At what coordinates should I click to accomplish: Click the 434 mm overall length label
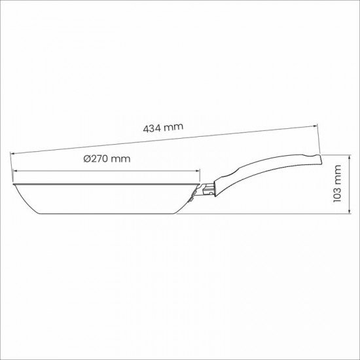click(x=163, y=128)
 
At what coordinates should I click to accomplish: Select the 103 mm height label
click(x=338, y=184)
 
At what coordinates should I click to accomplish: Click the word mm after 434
click(x=173, y=128)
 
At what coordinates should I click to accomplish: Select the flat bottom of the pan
click(x=105, y=215)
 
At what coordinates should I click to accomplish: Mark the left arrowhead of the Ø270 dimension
click(x=13, y=173)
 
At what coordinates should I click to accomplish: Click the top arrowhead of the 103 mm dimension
click(x=350, y=156)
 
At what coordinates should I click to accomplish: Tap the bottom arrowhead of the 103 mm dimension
click(x=350, y=213)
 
